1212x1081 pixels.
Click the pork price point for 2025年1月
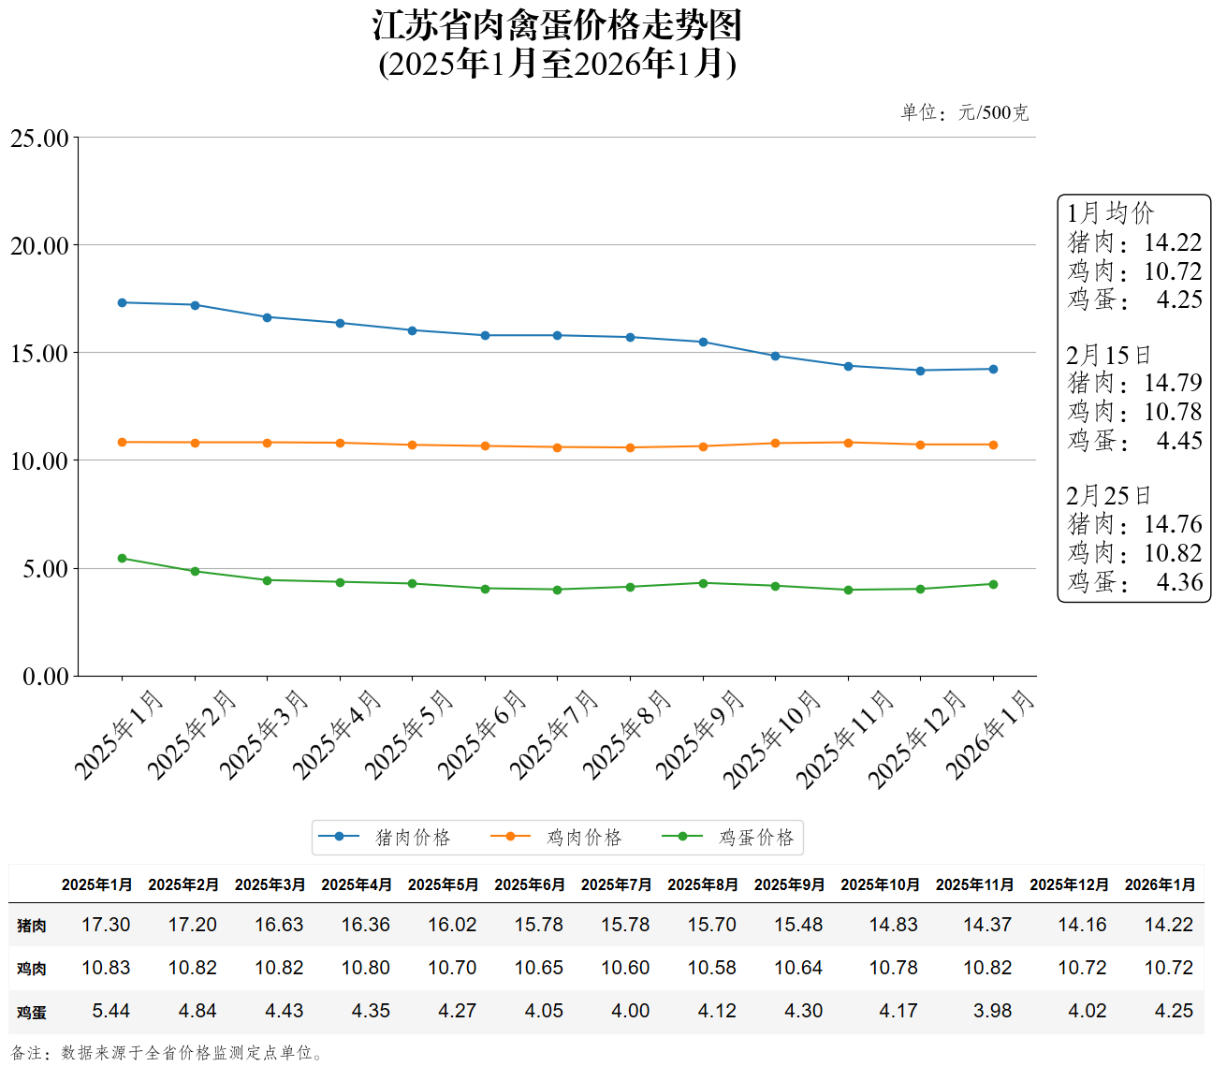tap(123, 302)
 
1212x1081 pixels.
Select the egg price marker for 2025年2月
tap(195, 571)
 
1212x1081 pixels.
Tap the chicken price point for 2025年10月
tap(775, 443)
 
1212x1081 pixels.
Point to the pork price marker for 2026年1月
tap(993, 369)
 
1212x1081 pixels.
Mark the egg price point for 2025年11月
tap(848, 590)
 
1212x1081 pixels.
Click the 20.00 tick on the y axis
tap(40, 246)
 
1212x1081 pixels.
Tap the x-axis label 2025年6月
tap(483, 734)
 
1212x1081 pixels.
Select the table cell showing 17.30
tap(106, 925)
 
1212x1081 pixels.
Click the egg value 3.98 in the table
tap(992, 1011)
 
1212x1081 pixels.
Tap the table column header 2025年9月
tap(789, 884)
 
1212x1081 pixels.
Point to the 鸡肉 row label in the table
tap(32, 969)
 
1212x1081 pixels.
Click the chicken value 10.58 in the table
tap(711, 968)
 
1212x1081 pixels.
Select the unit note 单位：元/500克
tap(964, 113)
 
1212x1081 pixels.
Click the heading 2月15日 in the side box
tap(1108, 356)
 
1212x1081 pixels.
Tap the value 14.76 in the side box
tap(1173, 524)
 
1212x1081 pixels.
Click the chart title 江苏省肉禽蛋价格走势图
tap(557, 26)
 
